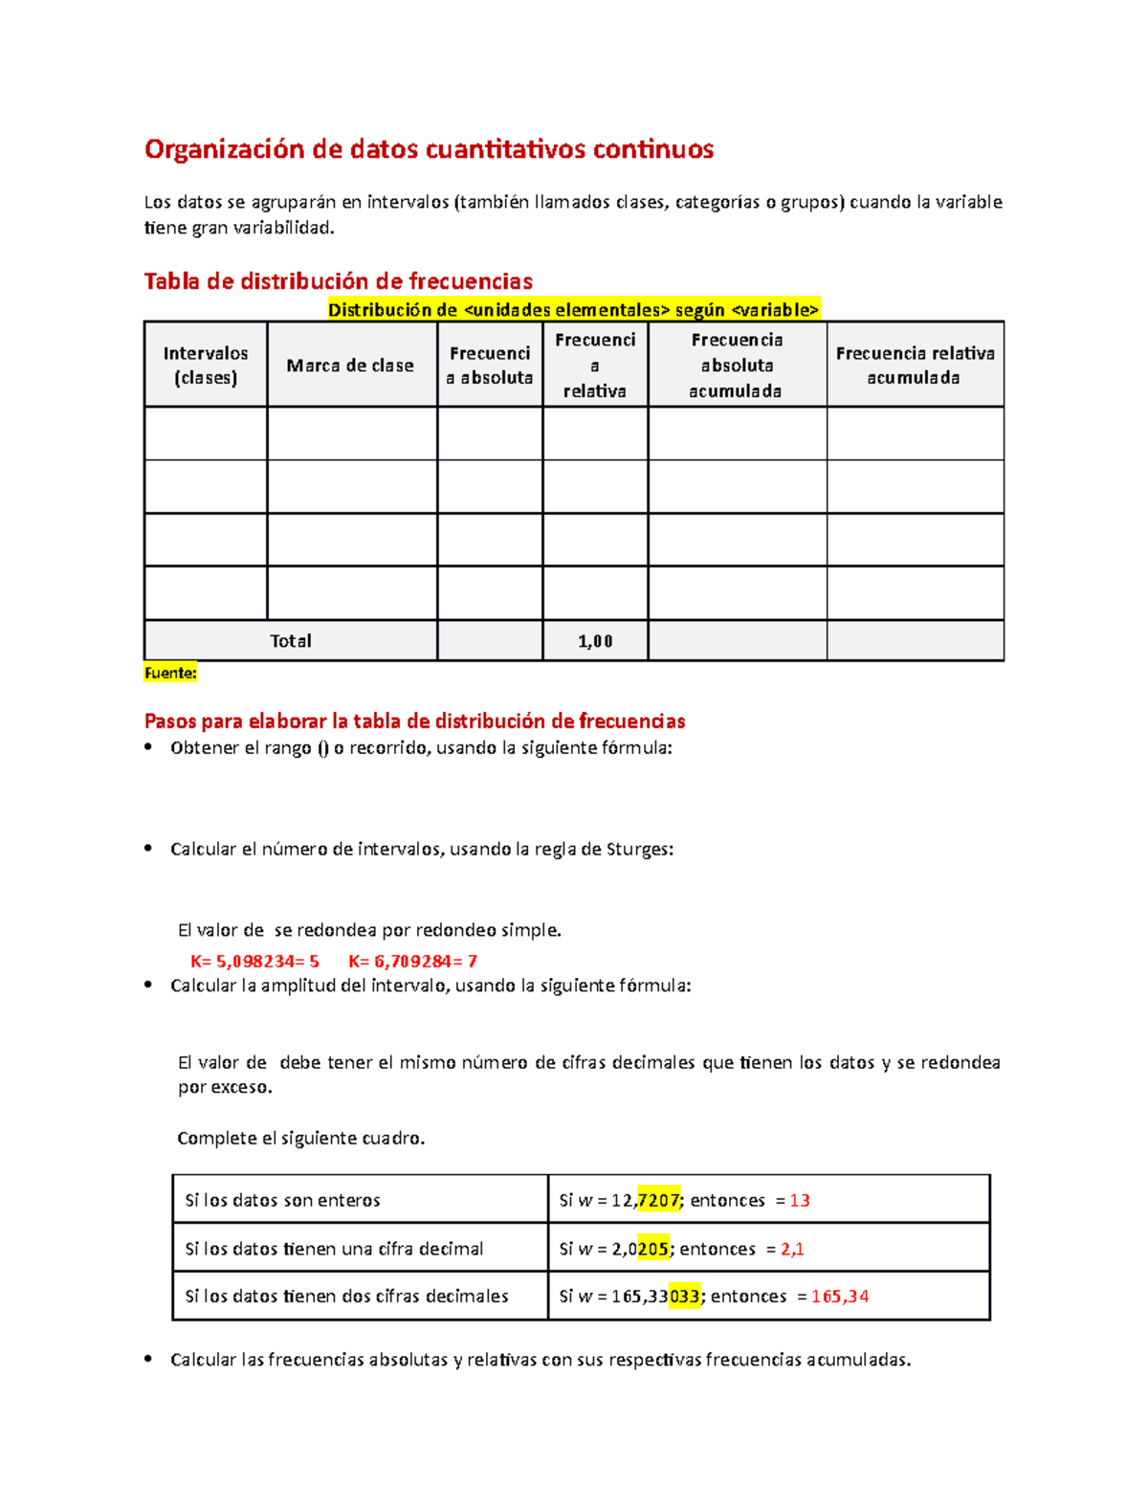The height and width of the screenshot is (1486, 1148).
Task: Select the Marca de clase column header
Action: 350,366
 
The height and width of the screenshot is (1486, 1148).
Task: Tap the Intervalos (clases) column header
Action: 205,366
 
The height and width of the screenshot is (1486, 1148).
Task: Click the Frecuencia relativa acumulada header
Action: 915,366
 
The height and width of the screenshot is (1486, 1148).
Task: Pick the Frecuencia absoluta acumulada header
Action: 737,366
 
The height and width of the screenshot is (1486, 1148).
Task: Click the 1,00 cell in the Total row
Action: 595,641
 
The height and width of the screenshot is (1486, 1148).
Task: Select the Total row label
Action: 290,641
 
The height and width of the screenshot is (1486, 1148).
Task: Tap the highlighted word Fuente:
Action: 170,673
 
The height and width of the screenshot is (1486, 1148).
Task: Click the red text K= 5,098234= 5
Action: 254,961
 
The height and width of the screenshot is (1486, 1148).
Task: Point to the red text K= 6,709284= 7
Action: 412,961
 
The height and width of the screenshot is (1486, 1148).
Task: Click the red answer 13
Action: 800,1200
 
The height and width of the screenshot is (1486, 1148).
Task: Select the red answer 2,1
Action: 792,1249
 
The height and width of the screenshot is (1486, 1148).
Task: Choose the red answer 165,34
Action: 840,1297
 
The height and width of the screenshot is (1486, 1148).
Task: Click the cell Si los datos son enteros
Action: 282,1200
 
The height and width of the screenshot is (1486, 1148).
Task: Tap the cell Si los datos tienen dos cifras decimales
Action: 346,1297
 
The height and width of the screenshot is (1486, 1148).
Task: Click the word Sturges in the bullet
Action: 637,849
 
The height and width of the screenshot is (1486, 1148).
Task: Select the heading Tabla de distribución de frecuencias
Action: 338,281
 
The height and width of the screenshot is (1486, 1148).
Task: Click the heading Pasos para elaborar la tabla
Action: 414,721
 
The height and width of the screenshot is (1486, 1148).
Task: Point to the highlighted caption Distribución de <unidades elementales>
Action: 574,310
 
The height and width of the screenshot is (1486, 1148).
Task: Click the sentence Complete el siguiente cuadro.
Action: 300,1138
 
